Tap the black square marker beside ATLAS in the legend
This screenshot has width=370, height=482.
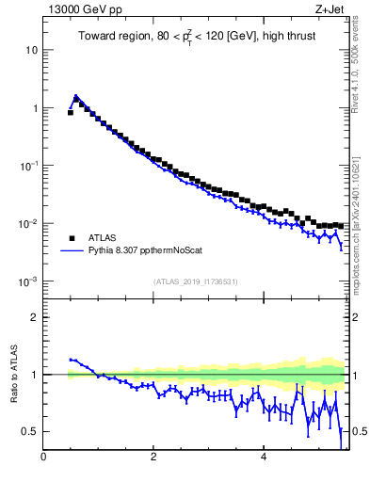pos(71,238)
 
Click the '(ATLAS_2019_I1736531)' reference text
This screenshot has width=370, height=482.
pos(196,281)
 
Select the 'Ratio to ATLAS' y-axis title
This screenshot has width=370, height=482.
pos(13,374)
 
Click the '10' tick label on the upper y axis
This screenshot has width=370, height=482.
pos(32,49)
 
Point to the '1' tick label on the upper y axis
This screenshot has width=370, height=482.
pos(35,108)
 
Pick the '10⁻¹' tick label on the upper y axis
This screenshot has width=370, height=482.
pos(30,166)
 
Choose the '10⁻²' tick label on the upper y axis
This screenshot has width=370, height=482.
pos(30,223)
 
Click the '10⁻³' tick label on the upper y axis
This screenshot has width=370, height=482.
pos(30,281)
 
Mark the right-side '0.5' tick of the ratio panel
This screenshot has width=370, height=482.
pos(359,431)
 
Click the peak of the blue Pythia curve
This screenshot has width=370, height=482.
pos(75,96)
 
